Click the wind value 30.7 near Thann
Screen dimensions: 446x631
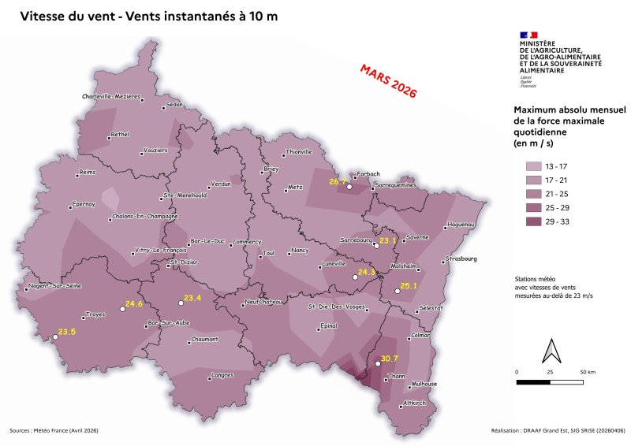390,359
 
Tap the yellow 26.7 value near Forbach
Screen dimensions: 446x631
338,182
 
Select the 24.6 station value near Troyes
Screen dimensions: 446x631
134,303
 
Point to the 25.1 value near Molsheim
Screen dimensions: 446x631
408,286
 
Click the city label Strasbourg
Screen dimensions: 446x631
461,258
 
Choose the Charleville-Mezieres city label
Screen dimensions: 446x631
111,96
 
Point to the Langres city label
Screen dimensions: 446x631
226,376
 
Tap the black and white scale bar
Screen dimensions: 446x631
550,382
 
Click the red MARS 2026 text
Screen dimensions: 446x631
387,80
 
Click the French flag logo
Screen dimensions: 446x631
528,35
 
